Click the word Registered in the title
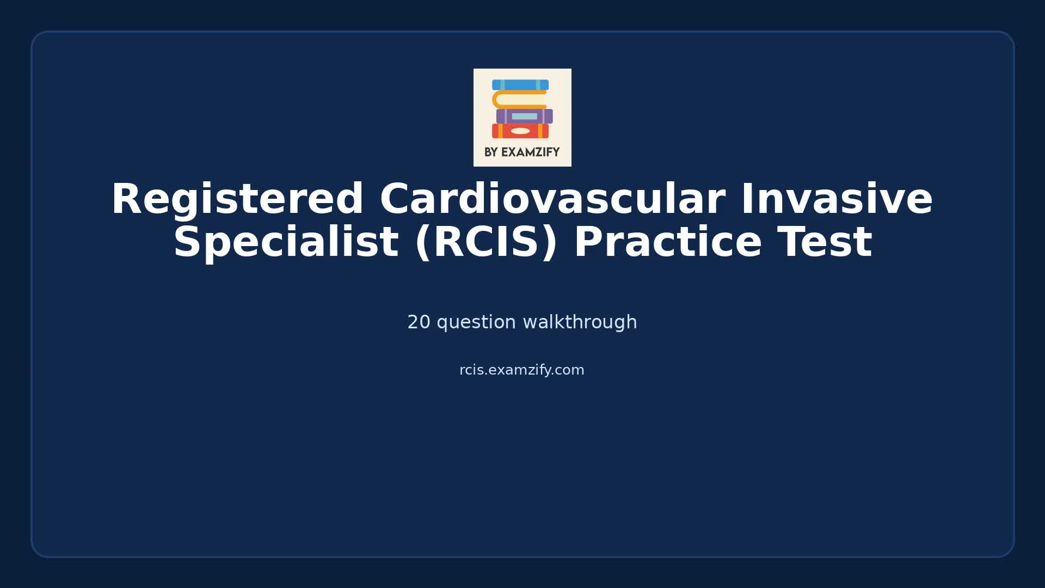tap(237, 200)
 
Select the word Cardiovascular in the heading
tap(552, 200)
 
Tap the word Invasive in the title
tap(837, 200)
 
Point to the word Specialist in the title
tap(286, 243)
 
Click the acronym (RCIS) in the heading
tap(486, 243)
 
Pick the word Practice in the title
tap(667, 243)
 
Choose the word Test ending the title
tap(825, 243)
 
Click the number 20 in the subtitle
tap(419, 322)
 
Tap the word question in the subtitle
tap(476, 322)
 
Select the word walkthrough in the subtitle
tap(580, 322)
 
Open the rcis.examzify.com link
tap(521, 370)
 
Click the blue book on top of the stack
tap(520, 85)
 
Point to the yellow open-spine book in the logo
tap(519, 100)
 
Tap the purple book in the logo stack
tap(524, 116)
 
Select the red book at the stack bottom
tap(520, 131)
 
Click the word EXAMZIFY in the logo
tap(530, 152)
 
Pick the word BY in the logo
tap(491, 152)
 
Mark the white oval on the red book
tap(520, 131)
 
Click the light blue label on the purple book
tap(524, 117)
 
